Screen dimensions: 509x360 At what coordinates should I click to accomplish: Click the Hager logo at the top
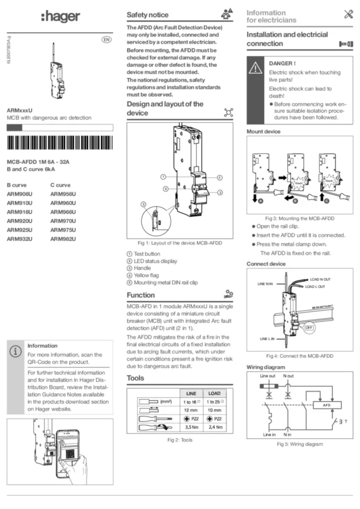coord(60,17)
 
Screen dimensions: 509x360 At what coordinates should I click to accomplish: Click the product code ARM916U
coord(19,212)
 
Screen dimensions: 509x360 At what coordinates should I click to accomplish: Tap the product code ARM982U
coord(63,239)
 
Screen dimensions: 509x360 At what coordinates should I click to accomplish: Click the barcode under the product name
coord(60,144)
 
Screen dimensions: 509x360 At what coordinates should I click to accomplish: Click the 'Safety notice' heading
coord(148,15)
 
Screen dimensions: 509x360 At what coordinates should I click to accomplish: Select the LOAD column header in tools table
coord(214,393)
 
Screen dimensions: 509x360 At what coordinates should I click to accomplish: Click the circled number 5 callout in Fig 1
coord(143,204)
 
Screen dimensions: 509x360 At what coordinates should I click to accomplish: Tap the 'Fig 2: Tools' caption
coord(180,440)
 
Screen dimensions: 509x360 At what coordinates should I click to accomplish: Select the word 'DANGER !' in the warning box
coord(282,64)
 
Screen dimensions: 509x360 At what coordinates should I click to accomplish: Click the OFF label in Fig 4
coord(309,328)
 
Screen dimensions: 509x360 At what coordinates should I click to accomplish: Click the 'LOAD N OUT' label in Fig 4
coord(320,280)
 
